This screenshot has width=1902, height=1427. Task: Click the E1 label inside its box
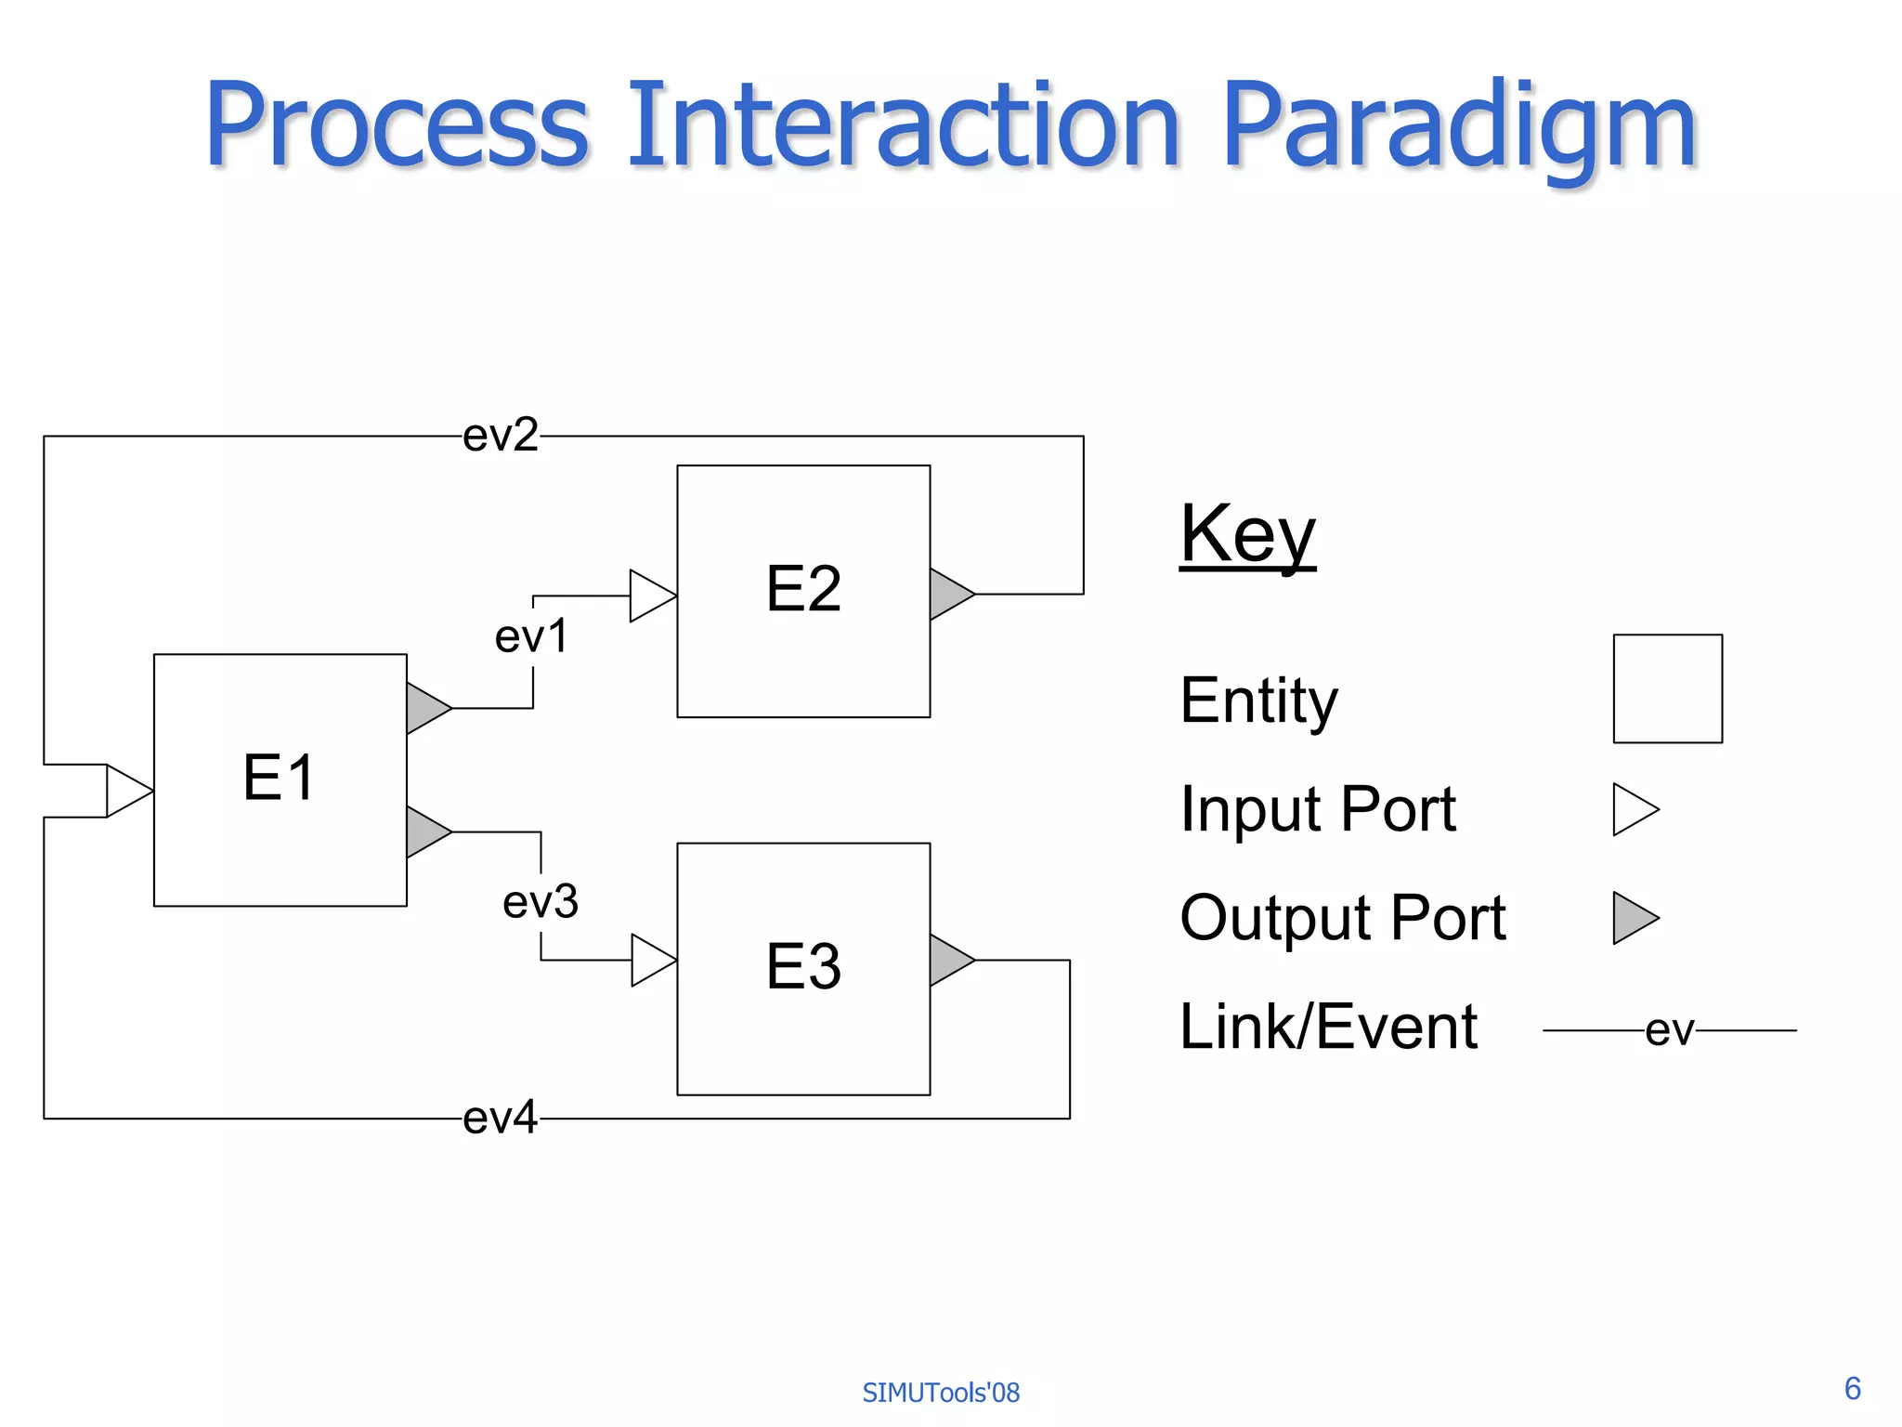click(x=279, y=778)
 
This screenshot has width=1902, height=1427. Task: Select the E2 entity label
click(x=803, y=589)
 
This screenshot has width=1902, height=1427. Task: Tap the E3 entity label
click(x=803, y=966)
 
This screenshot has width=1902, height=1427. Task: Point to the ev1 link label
click(x=531, y=637)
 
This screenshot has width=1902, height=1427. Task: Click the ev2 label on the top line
click(x=501, y=435)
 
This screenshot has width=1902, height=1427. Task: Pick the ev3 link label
click(x=541, y=902)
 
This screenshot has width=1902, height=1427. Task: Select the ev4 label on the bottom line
click(x=501, y=1118)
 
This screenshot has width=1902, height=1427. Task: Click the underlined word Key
click(x=1247, y=534)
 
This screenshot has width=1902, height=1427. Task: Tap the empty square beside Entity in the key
click(x=1667, y=688)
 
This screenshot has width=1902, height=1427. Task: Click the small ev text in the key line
click(x=1669, y=1030)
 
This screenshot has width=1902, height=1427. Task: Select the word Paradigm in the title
click(x=1458, y=125)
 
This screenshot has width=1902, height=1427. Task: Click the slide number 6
click(x=1852, y=1388)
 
